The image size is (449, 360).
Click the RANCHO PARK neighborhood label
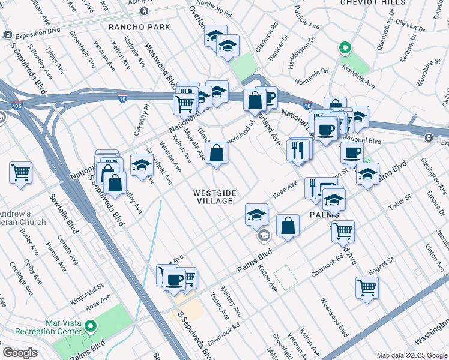139,27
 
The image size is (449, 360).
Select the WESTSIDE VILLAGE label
214,197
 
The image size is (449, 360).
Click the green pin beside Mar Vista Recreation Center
91,326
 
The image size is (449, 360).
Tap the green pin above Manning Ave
345,47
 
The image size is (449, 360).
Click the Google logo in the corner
20,353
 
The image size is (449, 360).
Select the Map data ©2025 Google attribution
412,355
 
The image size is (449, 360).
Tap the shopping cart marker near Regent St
367,287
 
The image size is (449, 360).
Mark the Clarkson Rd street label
271,37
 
